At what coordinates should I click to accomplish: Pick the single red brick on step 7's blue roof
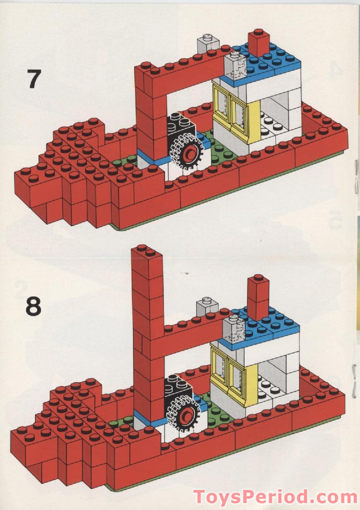tap(259, 43)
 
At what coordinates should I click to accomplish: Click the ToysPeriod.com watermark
tap(275, 496)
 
